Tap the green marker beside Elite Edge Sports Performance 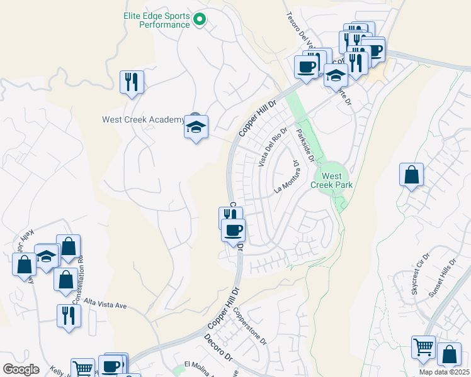click(x=200, y=20)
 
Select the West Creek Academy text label click(x=142, y=119)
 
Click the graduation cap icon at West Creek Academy click(x=196, y=127)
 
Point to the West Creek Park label click(x=332, y=180)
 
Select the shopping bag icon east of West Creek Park click(x=411, y=177)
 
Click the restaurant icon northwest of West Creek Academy click(x=132, y=82)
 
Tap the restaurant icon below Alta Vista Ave click(x=69, y=316)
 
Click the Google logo click(x=20, y=369)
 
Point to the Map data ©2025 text click(x=443, y=372)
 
